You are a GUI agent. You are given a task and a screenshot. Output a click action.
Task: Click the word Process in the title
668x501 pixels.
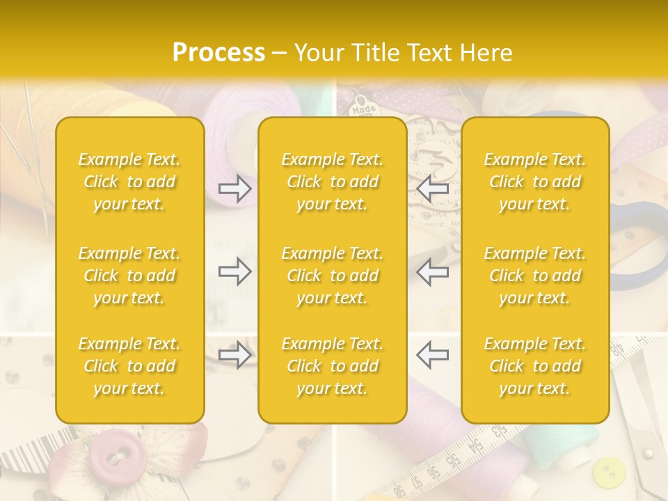(218, 53)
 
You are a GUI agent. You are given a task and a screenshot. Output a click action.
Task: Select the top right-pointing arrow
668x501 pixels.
(234, 189)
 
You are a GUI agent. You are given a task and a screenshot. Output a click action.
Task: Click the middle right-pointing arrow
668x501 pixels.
(234, 272)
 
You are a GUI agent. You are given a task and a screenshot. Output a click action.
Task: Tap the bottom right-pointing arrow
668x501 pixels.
(234, 355)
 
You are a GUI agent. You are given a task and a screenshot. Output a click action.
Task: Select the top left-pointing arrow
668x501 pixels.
(432, 189)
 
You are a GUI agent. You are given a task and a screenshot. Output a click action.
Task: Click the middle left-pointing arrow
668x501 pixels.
(432, 272)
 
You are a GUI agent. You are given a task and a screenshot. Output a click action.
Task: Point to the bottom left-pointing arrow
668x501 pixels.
(432, 355)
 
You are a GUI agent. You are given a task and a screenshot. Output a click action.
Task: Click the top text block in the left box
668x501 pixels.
(129, 182)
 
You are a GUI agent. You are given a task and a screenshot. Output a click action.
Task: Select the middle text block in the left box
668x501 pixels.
(129, 276)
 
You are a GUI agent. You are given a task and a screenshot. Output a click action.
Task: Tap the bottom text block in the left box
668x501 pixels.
(129, 366)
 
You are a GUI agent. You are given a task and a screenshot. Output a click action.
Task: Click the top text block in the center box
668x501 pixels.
(332, 182)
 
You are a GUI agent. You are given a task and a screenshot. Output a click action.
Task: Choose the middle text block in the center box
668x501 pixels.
(332, 276)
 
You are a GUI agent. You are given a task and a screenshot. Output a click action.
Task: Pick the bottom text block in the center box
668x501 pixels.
(332, 366)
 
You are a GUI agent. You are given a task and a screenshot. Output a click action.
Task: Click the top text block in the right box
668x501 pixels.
(534, 182)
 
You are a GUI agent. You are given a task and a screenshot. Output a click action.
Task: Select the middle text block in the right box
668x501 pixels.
(534, 276)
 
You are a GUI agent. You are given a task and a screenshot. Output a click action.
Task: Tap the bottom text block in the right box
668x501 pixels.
(534, 366)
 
